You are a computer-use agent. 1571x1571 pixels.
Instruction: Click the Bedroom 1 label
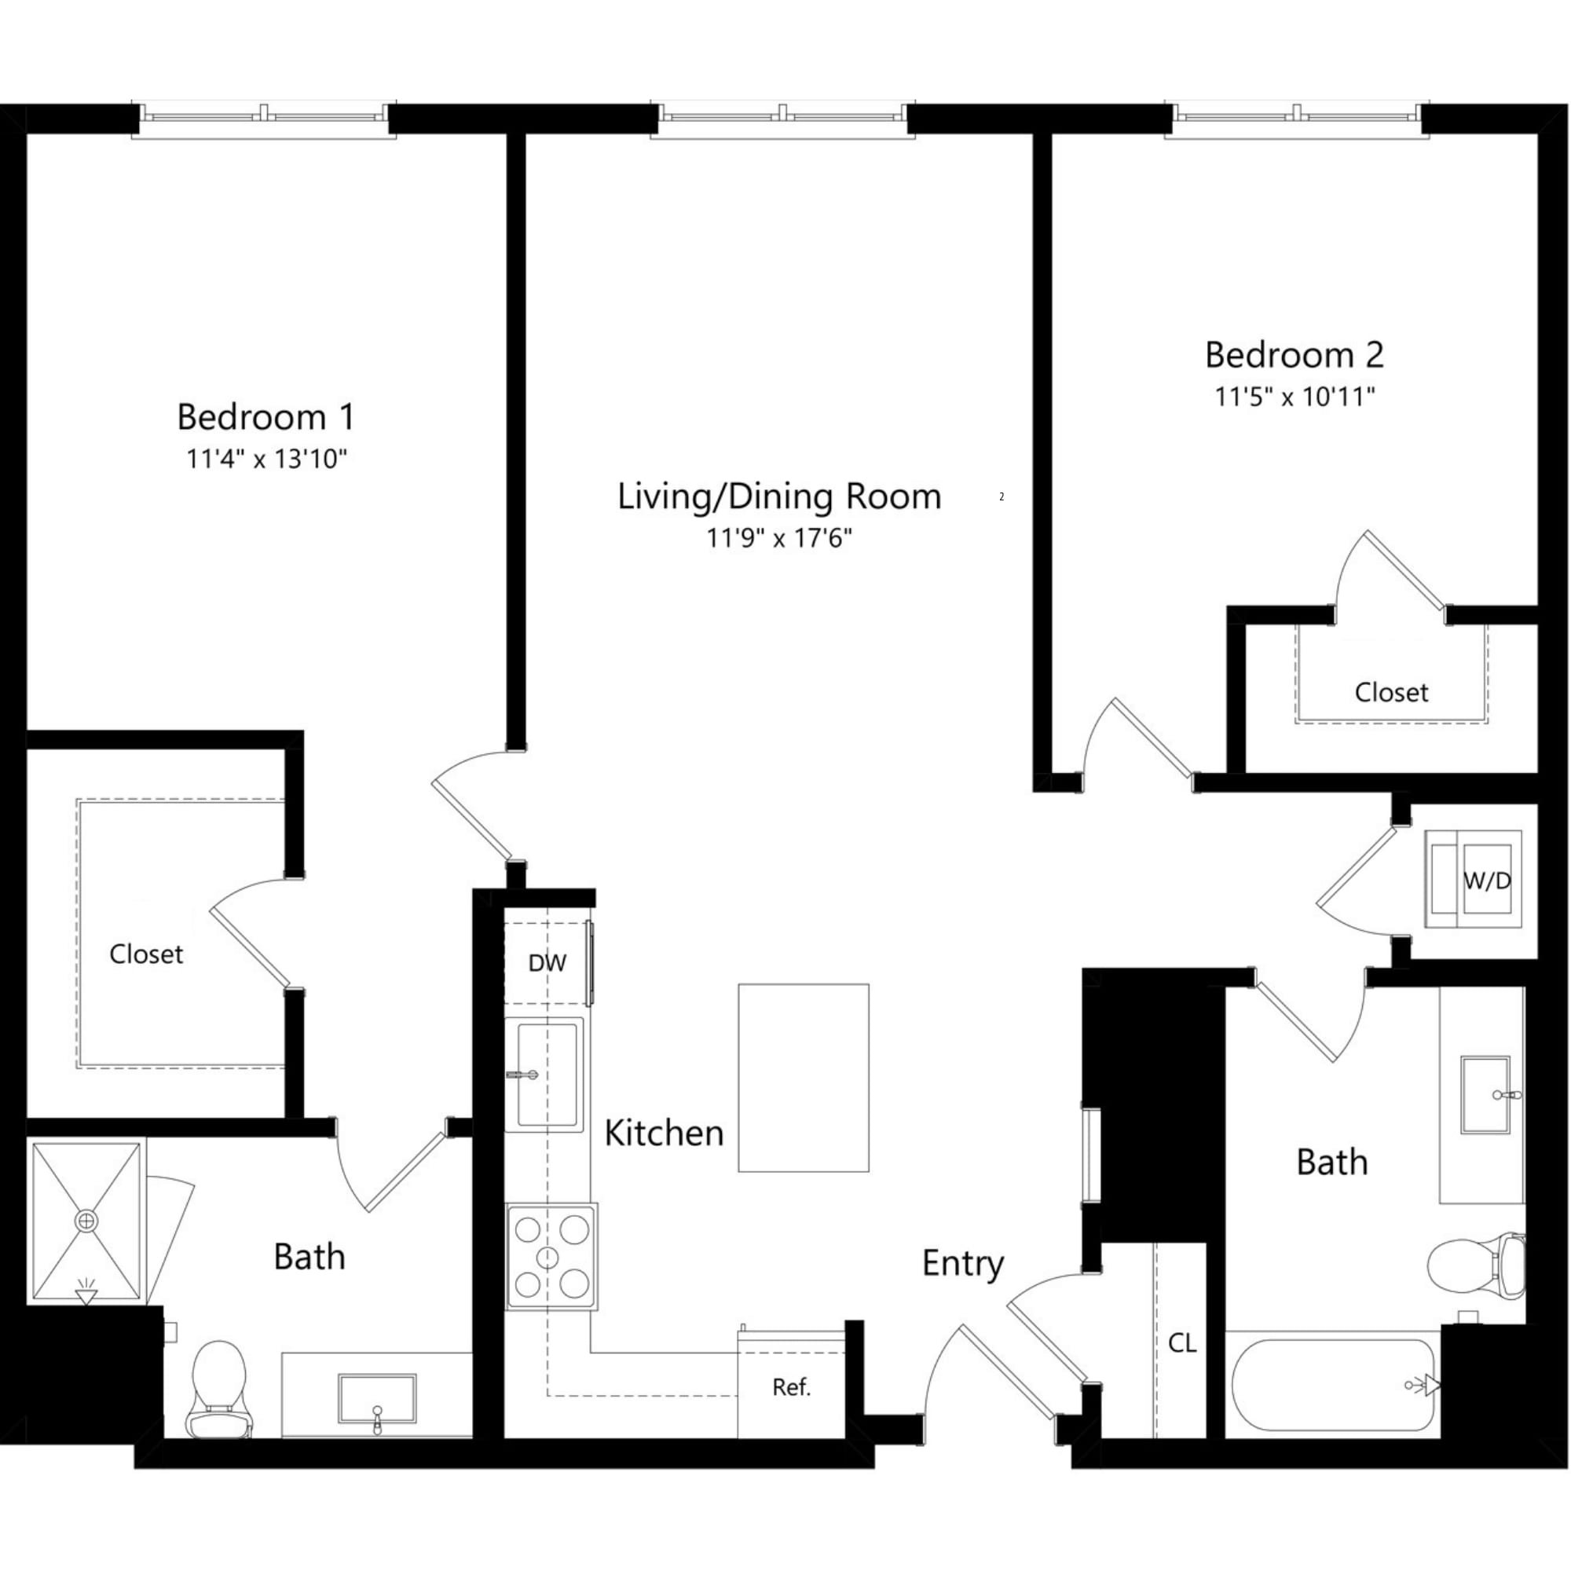click(266, 417)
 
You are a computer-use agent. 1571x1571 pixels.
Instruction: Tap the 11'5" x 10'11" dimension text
click(1295, 397)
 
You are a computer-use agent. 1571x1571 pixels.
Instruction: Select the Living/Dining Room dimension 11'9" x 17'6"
click(778, 537)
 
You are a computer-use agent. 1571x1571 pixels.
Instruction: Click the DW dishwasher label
click(547, 964)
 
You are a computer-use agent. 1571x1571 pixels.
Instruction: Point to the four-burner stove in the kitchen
click(551, 1257)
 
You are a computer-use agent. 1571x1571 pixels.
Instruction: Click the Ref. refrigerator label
click(791, 1387)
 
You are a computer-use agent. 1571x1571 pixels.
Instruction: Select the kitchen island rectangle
click(804, 1078)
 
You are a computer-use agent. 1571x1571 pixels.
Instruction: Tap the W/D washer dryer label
click(1486, 881)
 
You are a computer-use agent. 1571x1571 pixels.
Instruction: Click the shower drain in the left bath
click(86, 1221)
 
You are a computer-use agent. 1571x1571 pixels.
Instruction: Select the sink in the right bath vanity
click(1485, 1095)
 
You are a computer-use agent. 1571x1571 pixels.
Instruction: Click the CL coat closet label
click(1181, 1343)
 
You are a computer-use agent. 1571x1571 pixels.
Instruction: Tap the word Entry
click(963, 1264)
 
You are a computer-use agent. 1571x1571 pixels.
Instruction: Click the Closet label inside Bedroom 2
click(1390, 693)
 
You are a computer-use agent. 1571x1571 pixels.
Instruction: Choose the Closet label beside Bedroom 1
click(146, 954)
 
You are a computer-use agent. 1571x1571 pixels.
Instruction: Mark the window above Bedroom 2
click(1297, 116)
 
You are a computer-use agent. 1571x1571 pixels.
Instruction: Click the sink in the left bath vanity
click(377, 1399)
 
